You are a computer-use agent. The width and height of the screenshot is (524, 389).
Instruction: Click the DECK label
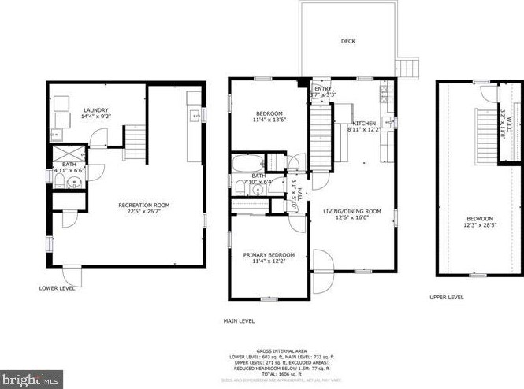(347, 41)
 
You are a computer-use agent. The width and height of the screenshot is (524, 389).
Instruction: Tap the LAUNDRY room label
(95, 109)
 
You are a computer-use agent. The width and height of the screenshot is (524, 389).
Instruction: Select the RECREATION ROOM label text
(143, 206)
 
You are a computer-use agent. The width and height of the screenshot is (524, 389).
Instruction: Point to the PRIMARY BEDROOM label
(269, 255)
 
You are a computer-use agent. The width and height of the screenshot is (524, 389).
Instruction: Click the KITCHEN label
(364, 124)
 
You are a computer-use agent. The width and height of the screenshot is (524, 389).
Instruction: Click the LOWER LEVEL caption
(58, 288)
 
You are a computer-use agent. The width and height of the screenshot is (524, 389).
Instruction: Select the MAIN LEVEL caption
(239, 320)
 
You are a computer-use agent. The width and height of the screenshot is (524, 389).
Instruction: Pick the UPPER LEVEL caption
(446, 297)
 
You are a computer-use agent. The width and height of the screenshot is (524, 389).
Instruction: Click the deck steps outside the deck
(408, 69)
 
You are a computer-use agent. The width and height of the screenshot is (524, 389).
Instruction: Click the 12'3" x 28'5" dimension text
(479, 226)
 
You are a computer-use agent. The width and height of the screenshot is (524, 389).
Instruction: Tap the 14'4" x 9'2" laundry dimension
(95, 117)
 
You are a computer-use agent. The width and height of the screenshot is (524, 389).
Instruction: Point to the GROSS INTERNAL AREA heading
(281, 350)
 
